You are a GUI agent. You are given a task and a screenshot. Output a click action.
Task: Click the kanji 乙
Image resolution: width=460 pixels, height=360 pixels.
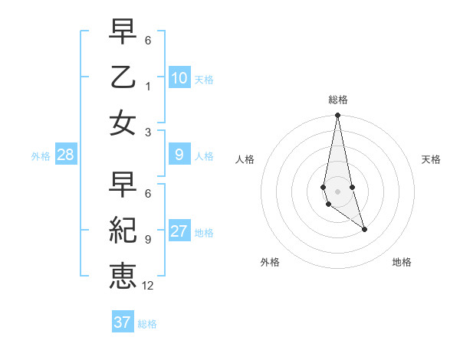(123, 78)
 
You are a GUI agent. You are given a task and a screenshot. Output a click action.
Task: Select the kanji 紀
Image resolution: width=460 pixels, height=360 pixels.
(123, 231)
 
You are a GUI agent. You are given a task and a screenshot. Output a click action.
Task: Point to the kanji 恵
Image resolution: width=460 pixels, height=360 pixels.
(123, 273)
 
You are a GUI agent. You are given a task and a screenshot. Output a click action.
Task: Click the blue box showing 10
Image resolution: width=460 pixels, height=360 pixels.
(179, 78)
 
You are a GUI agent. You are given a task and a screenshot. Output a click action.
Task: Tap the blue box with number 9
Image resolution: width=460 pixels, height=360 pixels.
(179, 155)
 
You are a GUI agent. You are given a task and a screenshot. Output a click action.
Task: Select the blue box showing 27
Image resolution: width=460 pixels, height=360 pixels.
(179, 231)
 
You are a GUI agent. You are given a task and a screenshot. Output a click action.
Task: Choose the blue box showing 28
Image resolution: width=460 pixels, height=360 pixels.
(66, 155)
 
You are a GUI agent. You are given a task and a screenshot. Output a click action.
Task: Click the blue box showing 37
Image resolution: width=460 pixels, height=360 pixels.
(123, 322)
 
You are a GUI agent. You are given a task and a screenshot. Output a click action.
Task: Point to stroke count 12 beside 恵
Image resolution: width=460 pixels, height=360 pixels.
(148, 285)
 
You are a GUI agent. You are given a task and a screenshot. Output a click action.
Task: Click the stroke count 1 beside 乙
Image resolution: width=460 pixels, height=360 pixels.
(148, 86)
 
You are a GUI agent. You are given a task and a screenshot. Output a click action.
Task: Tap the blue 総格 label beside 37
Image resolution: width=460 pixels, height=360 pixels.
(147, 323)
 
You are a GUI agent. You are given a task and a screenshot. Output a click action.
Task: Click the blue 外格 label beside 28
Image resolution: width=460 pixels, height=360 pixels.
(41, 156)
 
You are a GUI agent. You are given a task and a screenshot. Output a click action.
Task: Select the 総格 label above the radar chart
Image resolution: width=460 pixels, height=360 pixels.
(337, 100)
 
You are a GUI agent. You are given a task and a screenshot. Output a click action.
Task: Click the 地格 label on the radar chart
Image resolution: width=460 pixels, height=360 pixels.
(402, 262)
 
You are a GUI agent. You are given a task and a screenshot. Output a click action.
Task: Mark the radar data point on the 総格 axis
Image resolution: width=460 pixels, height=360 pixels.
(337, 116)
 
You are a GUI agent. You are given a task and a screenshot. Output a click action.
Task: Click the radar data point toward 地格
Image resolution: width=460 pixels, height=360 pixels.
(364, 229)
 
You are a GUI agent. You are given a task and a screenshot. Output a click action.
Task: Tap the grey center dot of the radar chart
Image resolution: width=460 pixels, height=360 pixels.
(337, 180)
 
